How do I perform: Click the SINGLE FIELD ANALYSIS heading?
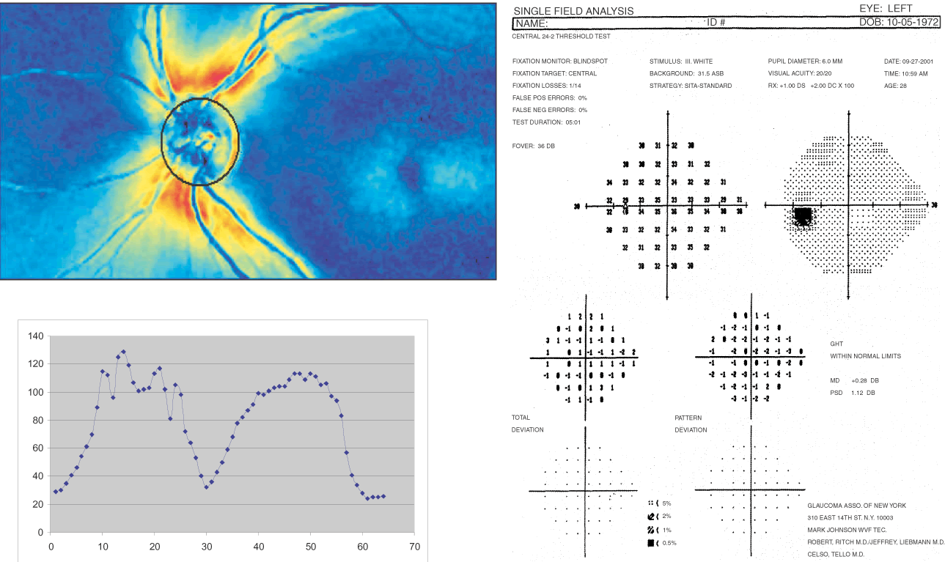573,11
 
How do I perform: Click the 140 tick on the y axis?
34,336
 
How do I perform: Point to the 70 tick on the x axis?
414,546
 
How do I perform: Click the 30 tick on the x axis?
207,546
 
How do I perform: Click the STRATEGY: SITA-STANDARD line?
691,86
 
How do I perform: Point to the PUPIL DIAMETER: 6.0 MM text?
805,62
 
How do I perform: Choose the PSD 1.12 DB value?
853,393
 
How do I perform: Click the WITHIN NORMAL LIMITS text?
865,356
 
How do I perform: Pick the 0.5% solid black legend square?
650,543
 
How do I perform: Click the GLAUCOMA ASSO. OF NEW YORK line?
856,506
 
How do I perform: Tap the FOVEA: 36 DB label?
533,146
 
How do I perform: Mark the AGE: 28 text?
897,86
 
